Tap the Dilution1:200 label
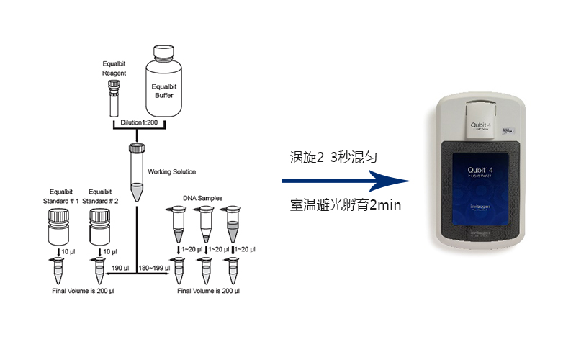(x=140, y=123)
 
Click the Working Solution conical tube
(x=136, y=173)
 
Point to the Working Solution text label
(x=171, y=172)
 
